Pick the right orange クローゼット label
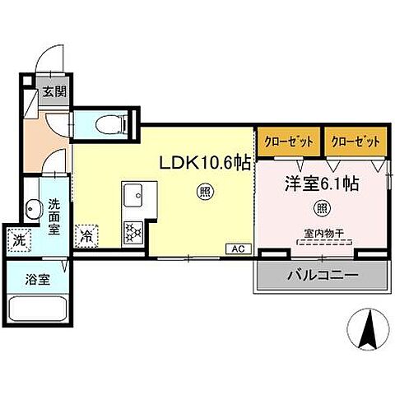[355, 141]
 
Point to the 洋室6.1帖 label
[322, 185]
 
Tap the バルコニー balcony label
[322, 274]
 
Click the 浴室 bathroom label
[39, 280]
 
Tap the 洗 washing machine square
[20, 241]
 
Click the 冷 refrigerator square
[87, 235]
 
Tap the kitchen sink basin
[133, 197]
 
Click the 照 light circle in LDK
[202, 194]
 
